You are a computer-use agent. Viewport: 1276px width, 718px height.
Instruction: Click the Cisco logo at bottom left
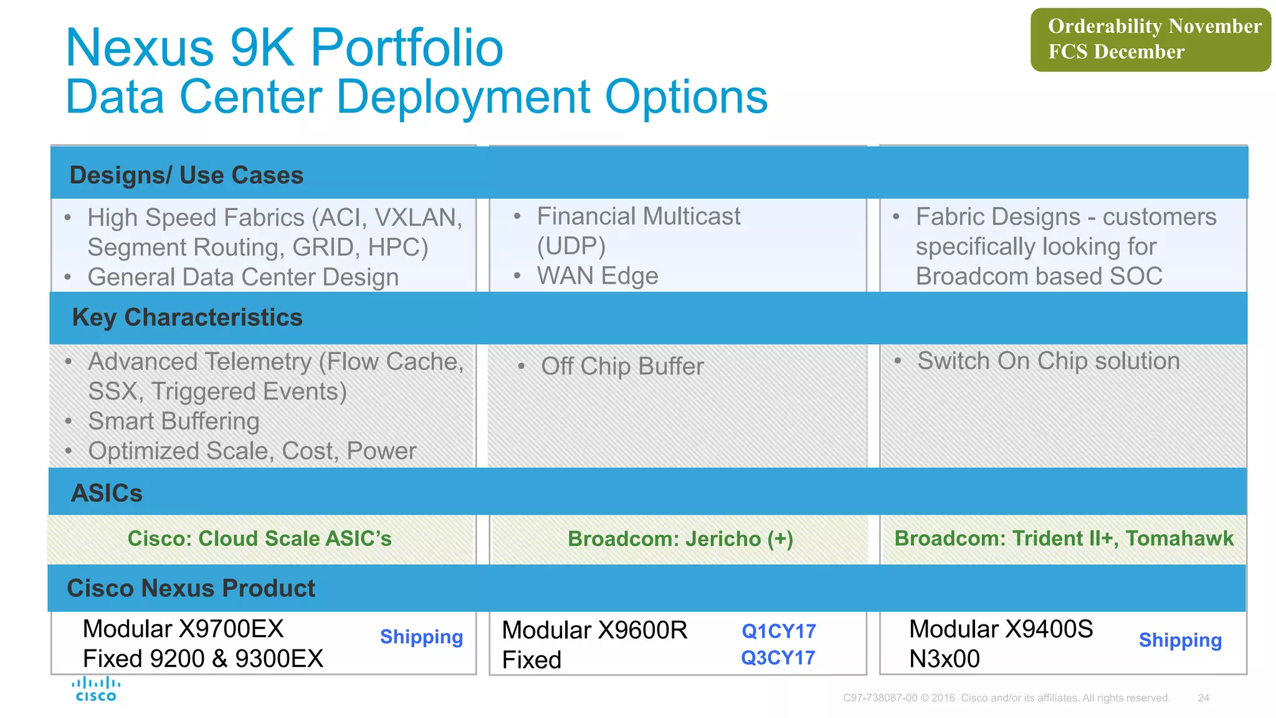tap(95, 689)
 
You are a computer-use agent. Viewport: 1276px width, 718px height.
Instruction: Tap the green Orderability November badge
tap(1150, 39)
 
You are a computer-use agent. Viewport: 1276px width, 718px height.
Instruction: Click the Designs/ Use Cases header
tap(186, 176)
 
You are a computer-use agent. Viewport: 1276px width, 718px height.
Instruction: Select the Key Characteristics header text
tap(187, 318)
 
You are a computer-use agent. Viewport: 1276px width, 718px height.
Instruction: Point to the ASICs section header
tap(107, 493)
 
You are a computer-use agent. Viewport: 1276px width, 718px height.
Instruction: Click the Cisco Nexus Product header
tap(191, 588)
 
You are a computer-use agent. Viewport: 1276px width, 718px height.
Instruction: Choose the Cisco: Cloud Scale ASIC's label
tap(259, 538)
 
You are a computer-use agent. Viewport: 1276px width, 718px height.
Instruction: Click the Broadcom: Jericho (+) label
tap(680, 539)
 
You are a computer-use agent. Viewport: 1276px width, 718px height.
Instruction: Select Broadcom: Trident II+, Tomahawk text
tap(1064, 538)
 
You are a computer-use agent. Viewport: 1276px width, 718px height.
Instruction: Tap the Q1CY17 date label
tap(778, 631)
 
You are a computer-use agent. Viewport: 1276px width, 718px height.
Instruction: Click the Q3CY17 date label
tap(778, 658)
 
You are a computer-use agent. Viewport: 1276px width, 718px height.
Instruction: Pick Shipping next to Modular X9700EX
tap(421, 637)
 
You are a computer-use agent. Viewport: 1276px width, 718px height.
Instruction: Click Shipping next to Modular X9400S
tap(1180, 641)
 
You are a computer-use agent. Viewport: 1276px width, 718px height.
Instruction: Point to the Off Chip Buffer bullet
tap(622, 366)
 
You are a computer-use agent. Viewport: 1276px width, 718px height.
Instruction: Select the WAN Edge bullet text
tap(597, 276)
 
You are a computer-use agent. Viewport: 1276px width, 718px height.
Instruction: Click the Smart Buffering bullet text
tap(173, 421)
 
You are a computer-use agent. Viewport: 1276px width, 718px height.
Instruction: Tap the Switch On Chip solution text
tap(1048, 361)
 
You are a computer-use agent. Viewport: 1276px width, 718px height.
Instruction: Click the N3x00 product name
tap(944, 659)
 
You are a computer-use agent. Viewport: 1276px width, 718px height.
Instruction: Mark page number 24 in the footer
tap(1203, 698)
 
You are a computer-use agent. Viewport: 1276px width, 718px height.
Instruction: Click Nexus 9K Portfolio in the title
tap(284, 47)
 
